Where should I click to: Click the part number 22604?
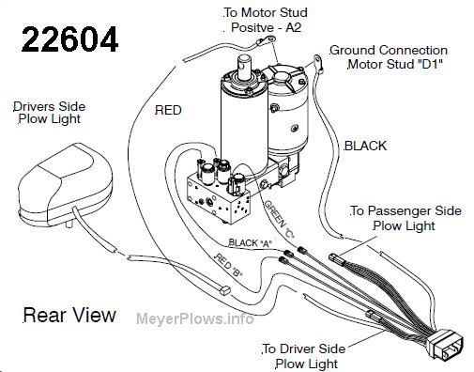tap(69, 39)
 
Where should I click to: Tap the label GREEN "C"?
tap(280, 219)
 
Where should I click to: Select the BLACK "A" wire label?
tap(250, 243)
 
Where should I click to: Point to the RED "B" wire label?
tap(228, 265)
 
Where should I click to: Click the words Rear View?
tap(69, 315)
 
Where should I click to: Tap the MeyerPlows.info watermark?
tap(195, 318)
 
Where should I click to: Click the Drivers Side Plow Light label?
tap(49, 113)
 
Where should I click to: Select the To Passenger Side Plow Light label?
tap(405, 218)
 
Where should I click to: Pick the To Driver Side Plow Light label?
tap(304, 356)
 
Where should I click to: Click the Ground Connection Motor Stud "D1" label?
tap(389, 57)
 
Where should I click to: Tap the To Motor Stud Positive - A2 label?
tap(266, 20)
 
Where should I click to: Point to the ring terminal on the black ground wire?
tap(317, 62)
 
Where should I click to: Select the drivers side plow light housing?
tap(65, 184)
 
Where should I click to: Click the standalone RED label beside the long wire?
tap(168, 110)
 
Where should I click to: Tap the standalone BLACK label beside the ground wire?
tap(365, 146)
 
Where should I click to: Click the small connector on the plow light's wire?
tap(225, 290)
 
